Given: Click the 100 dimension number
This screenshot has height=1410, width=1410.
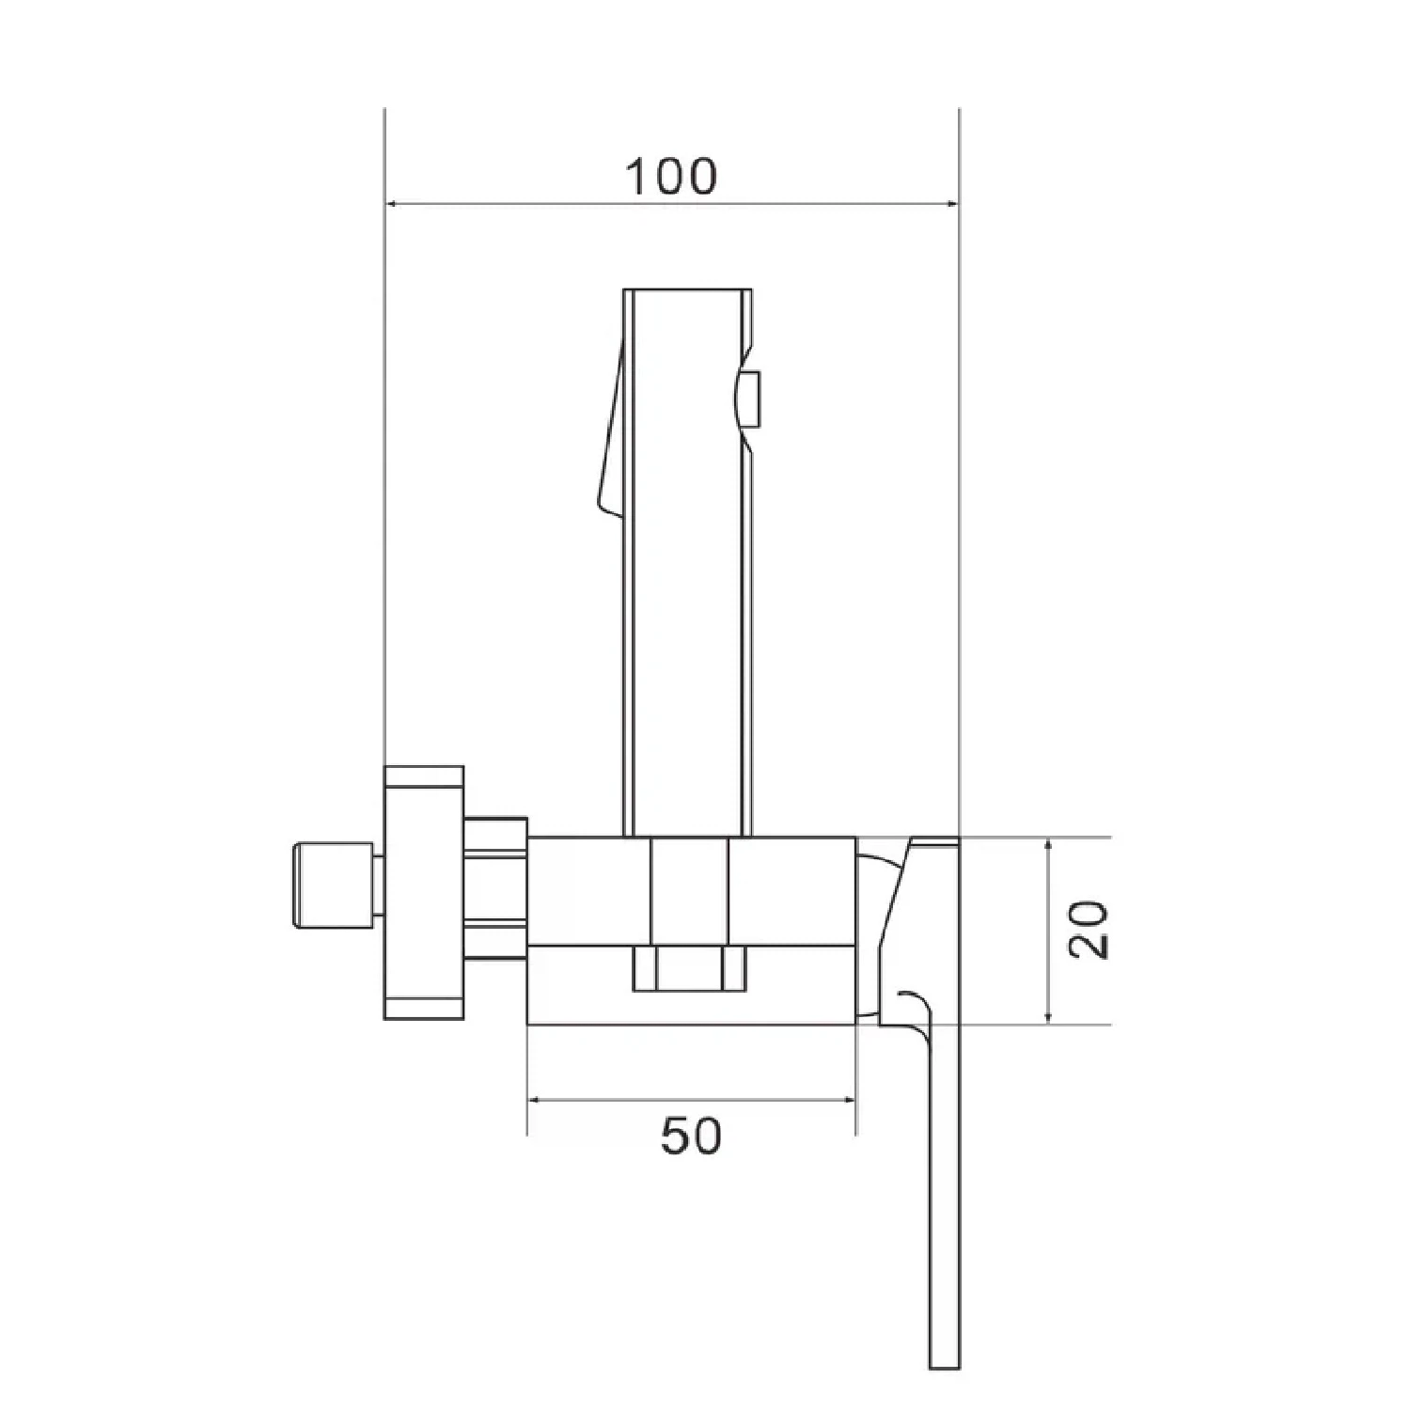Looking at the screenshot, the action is coord(671,177).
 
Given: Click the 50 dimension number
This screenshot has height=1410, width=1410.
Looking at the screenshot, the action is coord(691,1136).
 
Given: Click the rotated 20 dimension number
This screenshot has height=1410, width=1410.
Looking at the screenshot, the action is coord(1090,930).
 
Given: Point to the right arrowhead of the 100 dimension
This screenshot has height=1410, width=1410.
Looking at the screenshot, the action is coord(949,202).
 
